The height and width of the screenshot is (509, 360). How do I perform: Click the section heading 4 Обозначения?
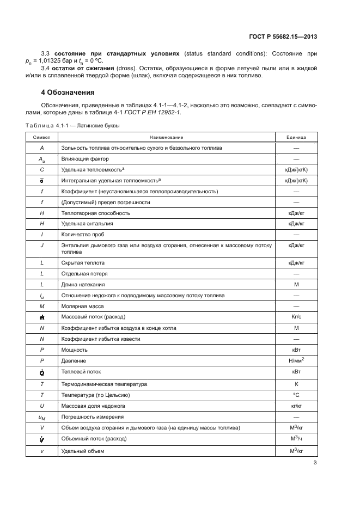pyautogui.click(x=68, y=92)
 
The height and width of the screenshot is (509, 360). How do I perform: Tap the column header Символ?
pyautogui.click(x=42, y=137)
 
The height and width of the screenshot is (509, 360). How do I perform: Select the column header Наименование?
pyautogui.click(x=166, y=137)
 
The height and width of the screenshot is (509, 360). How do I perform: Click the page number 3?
pyautogui.click(x=315, y=463)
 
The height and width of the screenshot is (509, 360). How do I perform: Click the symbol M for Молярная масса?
pyautogui.click(x=42, y=306)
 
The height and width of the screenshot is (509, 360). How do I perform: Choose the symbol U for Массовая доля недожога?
pyautogui.click(x=42, y=406)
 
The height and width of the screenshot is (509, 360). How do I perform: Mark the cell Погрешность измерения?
pyautogui.click(x=89, y=416)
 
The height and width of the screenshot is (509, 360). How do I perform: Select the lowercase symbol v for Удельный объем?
pyautogui.click(x=42, y=451)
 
